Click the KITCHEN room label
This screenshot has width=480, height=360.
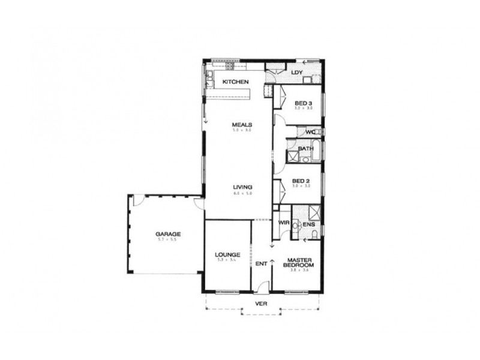[x=236, y=81]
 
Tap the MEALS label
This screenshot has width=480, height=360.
[x=242, y=125]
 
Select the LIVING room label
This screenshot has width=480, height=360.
[x=242, y=187]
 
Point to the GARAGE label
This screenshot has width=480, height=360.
[x=168, y=233]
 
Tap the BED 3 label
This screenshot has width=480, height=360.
[x=304, y=103]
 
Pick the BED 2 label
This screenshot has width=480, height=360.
[x=301, y=181]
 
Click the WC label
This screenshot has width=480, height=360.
[x=310, y=132]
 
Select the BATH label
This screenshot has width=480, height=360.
[x=306, y=148]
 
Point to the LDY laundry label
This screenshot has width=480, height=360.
[x=296, y=73]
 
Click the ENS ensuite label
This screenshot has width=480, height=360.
[x=310, y=225]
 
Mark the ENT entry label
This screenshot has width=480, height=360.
[x=261, y=263]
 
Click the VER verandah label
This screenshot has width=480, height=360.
[x=260, y=303]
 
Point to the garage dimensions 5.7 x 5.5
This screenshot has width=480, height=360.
[x=168, y=240]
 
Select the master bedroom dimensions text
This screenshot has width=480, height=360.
[x=299, y=271]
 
